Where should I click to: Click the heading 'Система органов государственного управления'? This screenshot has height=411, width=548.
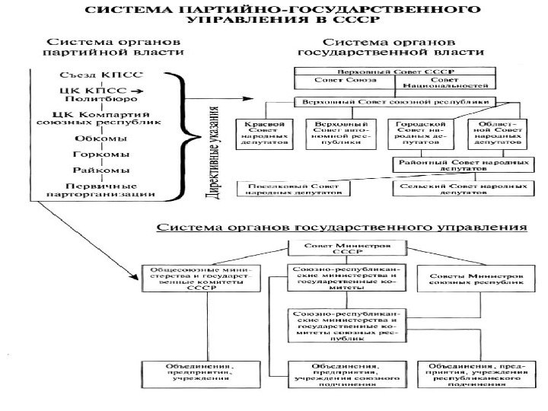[342, 227]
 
